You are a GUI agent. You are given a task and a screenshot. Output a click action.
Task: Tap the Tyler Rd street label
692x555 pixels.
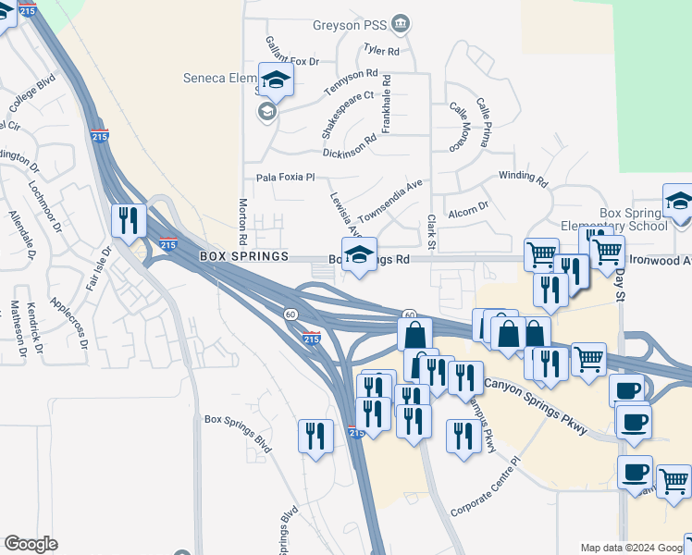click(x=381, y=51)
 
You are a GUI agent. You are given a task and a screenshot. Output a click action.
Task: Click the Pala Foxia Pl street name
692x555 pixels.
click(x=286, y=177)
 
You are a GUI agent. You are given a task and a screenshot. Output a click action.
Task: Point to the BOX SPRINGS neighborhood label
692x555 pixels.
click(x=244, y=256)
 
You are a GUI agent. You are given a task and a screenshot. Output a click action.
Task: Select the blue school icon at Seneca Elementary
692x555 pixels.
click(x=275, y=80)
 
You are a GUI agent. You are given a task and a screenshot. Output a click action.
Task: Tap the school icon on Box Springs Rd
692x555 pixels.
click(x=359, y=255)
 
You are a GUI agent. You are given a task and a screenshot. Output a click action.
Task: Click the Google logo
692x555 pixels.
click(x=31, y=543)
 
